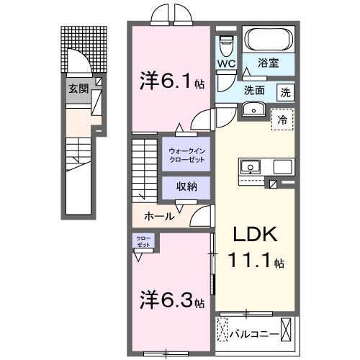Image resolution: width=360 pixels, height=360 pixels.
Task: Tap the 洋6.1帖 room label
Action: (x=171, y=81)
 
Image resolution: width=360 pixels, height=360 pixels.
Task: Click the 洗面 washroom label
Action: (x=253, y=91)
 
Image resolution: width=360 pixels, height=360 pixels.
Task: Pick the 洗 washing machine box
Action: (x=286, y=91)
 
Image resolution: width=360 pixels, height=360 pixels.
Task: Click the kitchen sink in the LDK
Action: (x=251, y=166)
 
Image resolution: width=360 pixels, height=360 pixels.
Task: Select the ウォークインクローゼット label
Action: (x=186, y=154)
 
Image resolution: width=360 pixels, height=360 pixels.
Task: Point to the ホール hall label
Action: (x=158, y=216)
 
